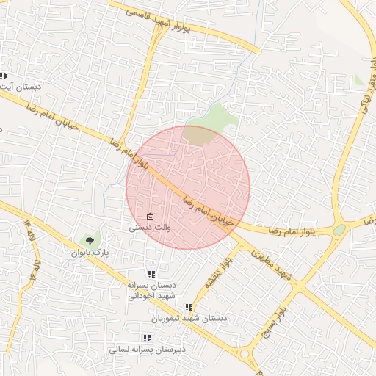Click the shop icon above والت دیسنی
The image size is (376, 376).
(x=151, y=217)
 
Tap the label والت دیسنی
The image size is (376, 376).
(x=151, y=228)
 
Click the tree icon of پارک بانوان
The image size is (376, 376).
(x=90, y=239)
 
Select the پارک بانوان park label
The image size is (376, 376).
(x=90, y=252)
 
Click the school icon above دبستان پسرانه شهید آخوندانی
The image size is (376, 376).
(x=151, y=274)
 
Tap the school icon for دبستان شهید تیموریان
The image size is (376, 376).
(x=189, y=308)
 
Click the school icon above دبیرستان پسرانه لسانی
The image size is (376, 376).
(x=146, y=338)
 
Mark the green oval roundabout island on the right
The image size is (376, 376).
(x=339, y=230)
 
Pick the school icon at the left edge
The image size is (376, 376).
(x=3, y=76)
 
